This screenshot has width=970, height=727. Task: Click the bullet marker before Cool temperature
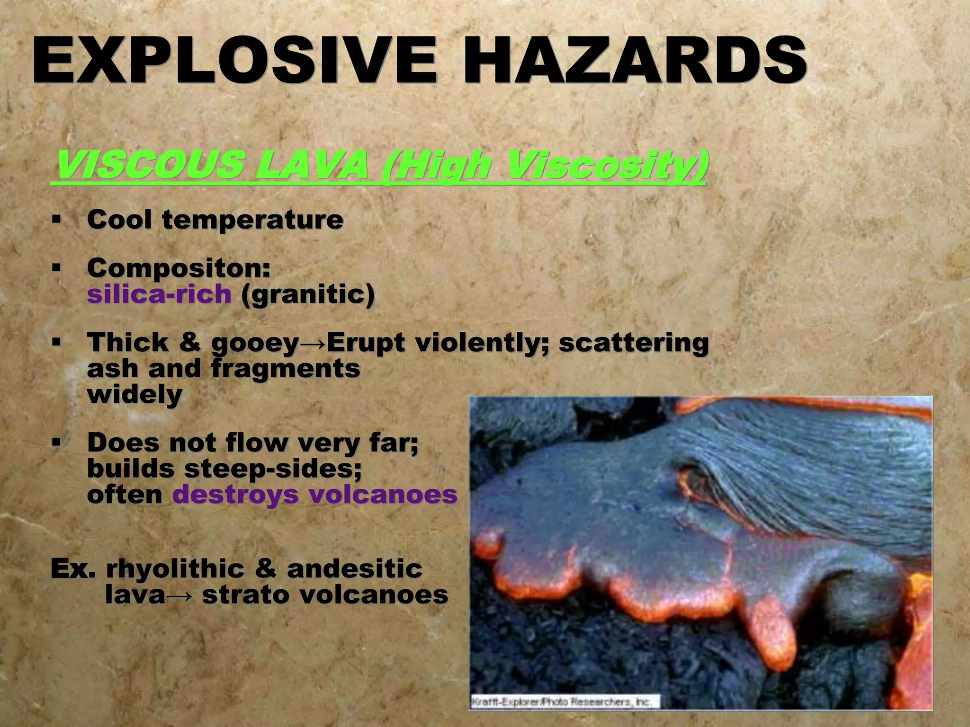57,219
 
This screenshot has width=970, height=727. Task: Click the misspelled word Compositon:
179,268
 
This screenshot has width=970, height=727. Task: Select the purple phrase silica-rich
159,294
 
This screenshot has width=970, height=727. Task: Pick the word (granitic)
308,294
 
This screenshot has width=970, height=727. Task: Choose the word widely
135,394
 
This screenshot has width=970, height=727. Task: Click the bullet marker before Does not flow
57,443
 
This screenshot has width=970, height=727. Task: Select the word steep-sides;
273,469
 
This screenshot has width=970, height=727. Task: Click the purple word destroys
235,495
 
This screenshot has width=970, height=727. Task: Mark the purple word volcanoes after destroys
383,495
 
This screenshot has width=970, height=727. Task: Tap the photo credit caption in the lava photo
564,701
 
